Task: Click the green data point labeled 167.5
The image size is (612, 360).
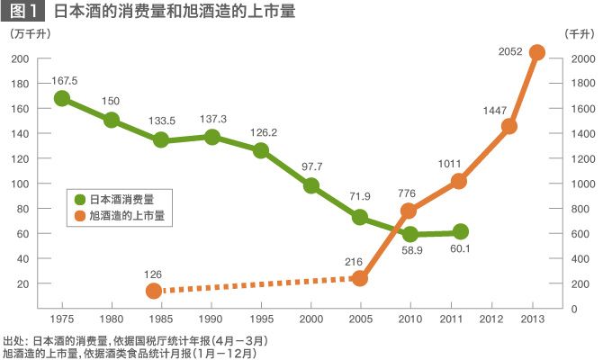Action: (x=62, y=98)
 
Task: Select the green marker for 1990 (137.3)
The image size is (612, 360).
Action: (x=212, y=137)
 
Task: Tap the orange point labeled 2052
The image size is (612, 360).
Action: (x=537, y=52)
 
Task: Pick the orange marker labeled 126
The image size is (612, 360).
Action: (x=154, y=291)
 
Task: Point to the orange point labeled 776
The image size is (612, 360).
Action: (x=409, y=211)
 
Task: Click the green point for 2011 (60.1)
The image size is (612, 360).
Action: (x=461, y=232)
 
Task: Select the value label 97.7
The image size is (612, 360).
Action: (x=311, y=166)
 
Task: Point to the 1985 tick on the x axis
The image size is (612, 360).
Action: (x=162, y=319)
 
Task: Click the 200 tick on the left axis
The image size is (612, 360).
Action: (x=20, y=58)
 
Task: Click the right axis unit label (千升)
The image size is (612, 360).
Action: (x=579, y=33)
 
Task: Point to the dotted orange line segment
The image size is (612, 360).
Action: (x=256, y=284)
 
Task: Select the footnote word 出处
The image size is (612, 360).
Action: (x=13, y=341)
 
